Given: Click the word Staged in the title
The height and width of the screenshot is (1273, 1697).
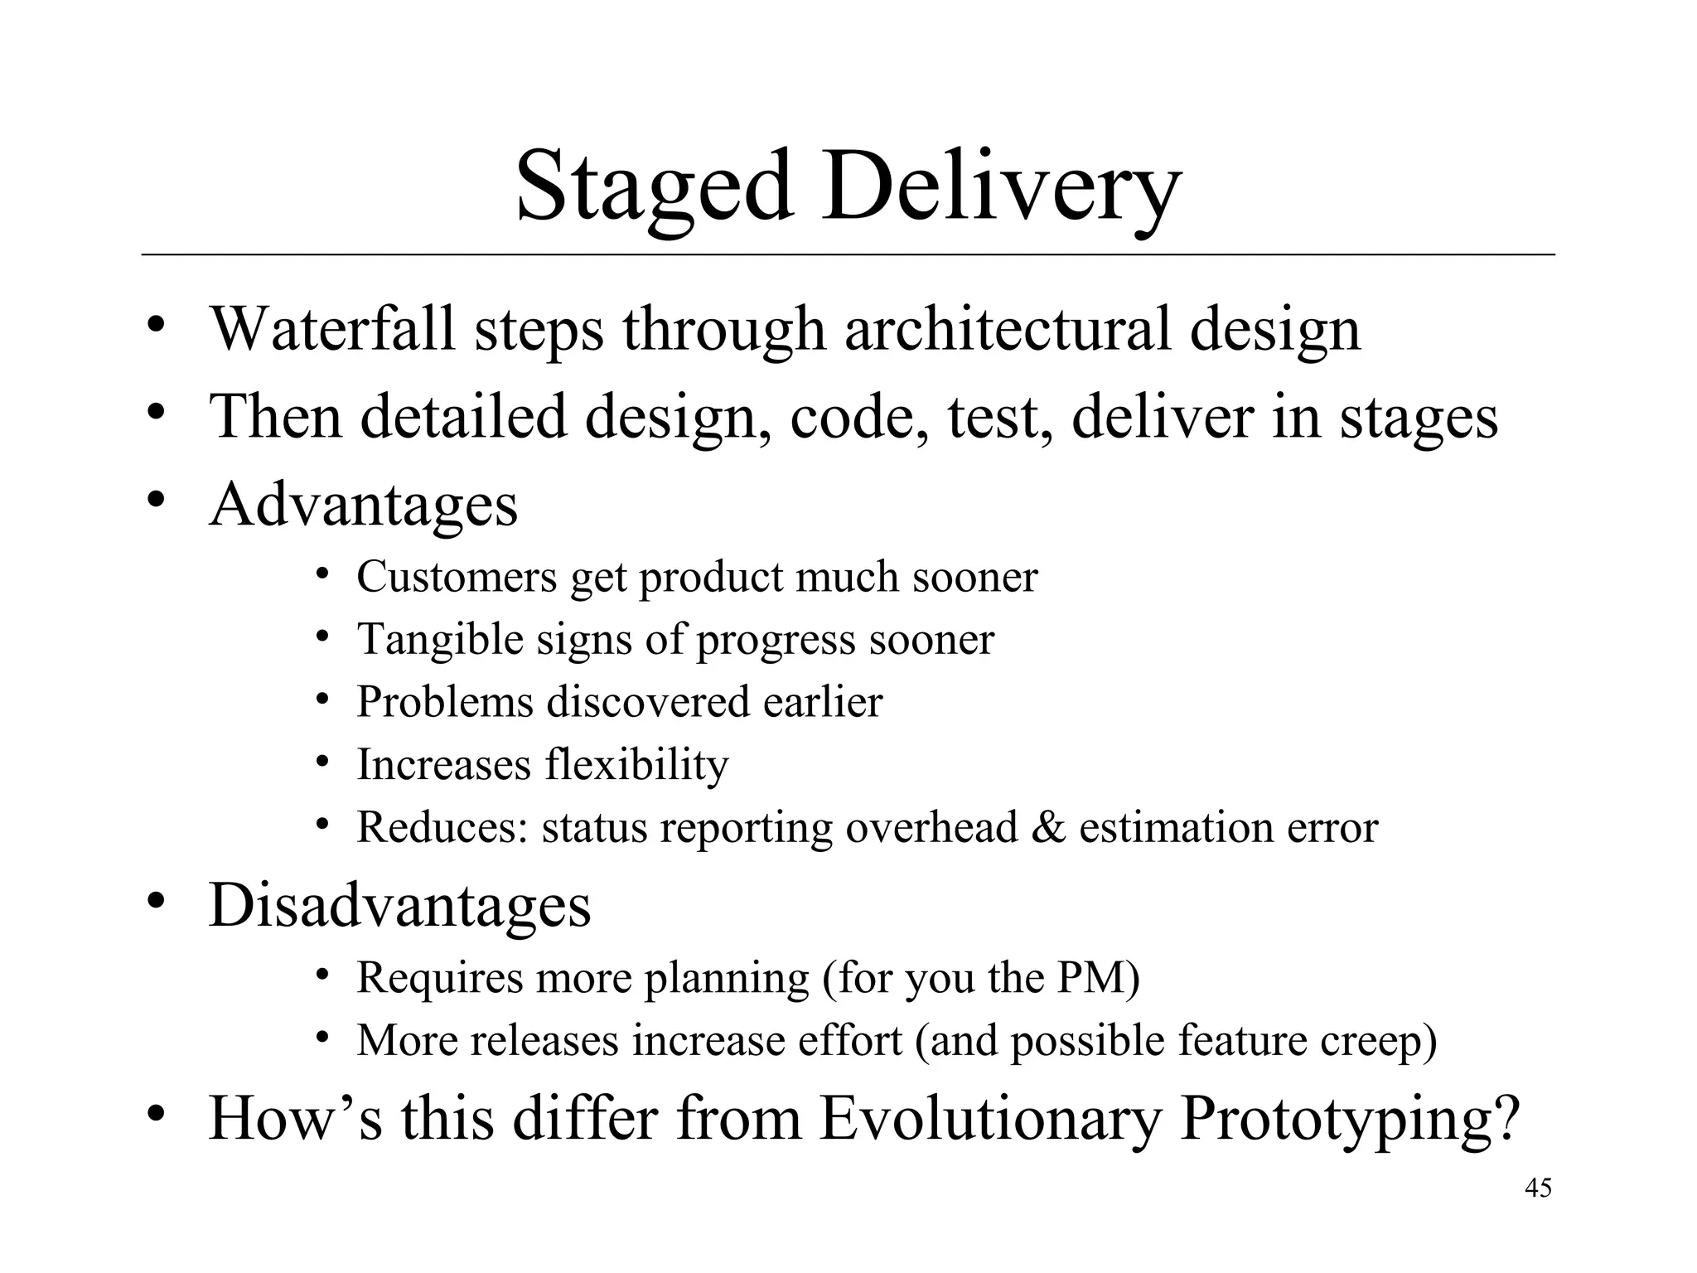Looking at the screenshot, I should pyautogui.click(x=654, y=189).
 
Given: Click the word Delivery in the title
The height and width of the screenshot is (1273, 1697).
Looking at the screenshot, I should pyautogui.click(x=1000, y=189).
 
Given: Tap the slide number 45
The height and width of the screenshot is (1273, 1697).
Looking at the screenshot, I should pyautogui.click(x=1538, y=1188).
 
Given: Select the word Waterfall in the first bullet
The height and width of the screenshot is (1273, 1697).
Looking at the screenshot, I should pyautogui.click(x=332, y=329).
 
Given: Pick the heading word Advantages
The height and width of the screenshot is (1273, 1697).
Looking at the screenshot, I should pyautogui.click(x=363, y=505).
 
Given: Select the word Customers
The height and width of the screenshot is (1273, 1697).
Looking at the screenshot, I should pyautogui.click(x=457, y=577).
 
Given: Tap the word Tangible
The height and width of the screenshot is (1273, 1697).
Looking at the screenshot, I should pyautogui.click(x=439, y=639).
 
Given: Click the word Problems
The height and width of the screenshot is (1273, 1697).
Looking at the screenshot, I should pyautogui.click(x=444, y=702).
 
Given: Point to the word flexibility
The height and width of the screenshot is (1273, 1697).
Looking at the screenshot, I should pyautogui.click(x=636, y=764).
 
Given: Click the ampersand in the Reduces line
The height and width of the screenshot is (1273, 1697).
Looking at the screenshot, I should pyautogui.click(x=1048, y=827).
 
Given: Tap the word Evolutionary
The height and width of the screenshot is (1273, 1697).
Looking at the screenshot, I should pyautogui.click(x=990, y=1119).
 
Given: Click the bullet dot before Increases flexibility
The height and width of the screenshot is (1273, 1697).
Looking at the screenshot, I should pyautogui.click(x=323, y=761).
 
